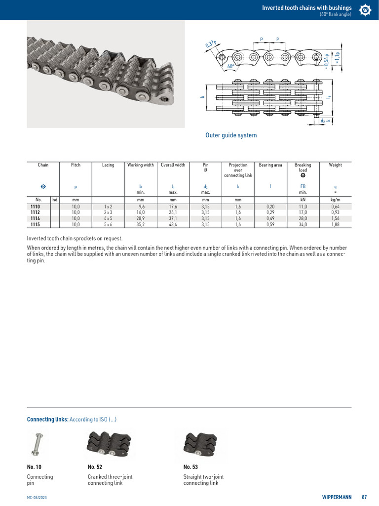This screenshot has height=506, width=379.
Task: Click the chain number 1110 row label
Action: [35, 207]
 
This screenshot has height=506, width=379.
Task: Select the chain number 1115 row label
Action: [35, 224]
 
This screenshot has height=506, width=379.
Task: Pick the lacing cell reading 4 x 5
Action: [108, 218]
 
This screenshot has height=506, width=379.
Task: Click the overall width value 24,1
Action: [173, 212]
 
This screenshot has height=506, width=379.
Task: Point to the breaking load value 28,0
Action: [303, 218]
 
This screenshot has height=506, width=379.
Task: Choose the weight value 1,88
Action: [336, 224]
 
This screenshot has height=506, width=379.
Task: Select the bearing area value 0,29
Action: [270, 212]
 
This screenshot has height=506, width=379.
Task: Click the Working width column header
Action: [140, 165]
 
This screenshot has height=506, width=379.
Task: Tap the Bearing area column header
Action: [270, 165]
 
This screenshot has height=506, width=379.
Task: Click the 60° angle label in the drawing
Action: [230, 66]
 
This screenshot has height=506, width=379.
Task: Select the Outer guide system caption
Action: [231, 135]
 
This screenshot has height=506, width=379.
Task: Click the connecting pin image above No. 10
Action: [36, 444]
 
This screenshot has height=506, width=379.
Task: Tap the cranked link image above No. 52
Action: [110, 444]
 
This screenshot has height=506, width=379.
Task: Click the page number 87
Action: [364, 497]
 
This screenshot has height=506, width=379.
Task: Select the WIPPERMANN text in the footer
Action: [337, 497]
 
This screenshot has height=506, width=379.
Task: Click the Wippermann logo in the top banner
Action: [365, 10]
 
